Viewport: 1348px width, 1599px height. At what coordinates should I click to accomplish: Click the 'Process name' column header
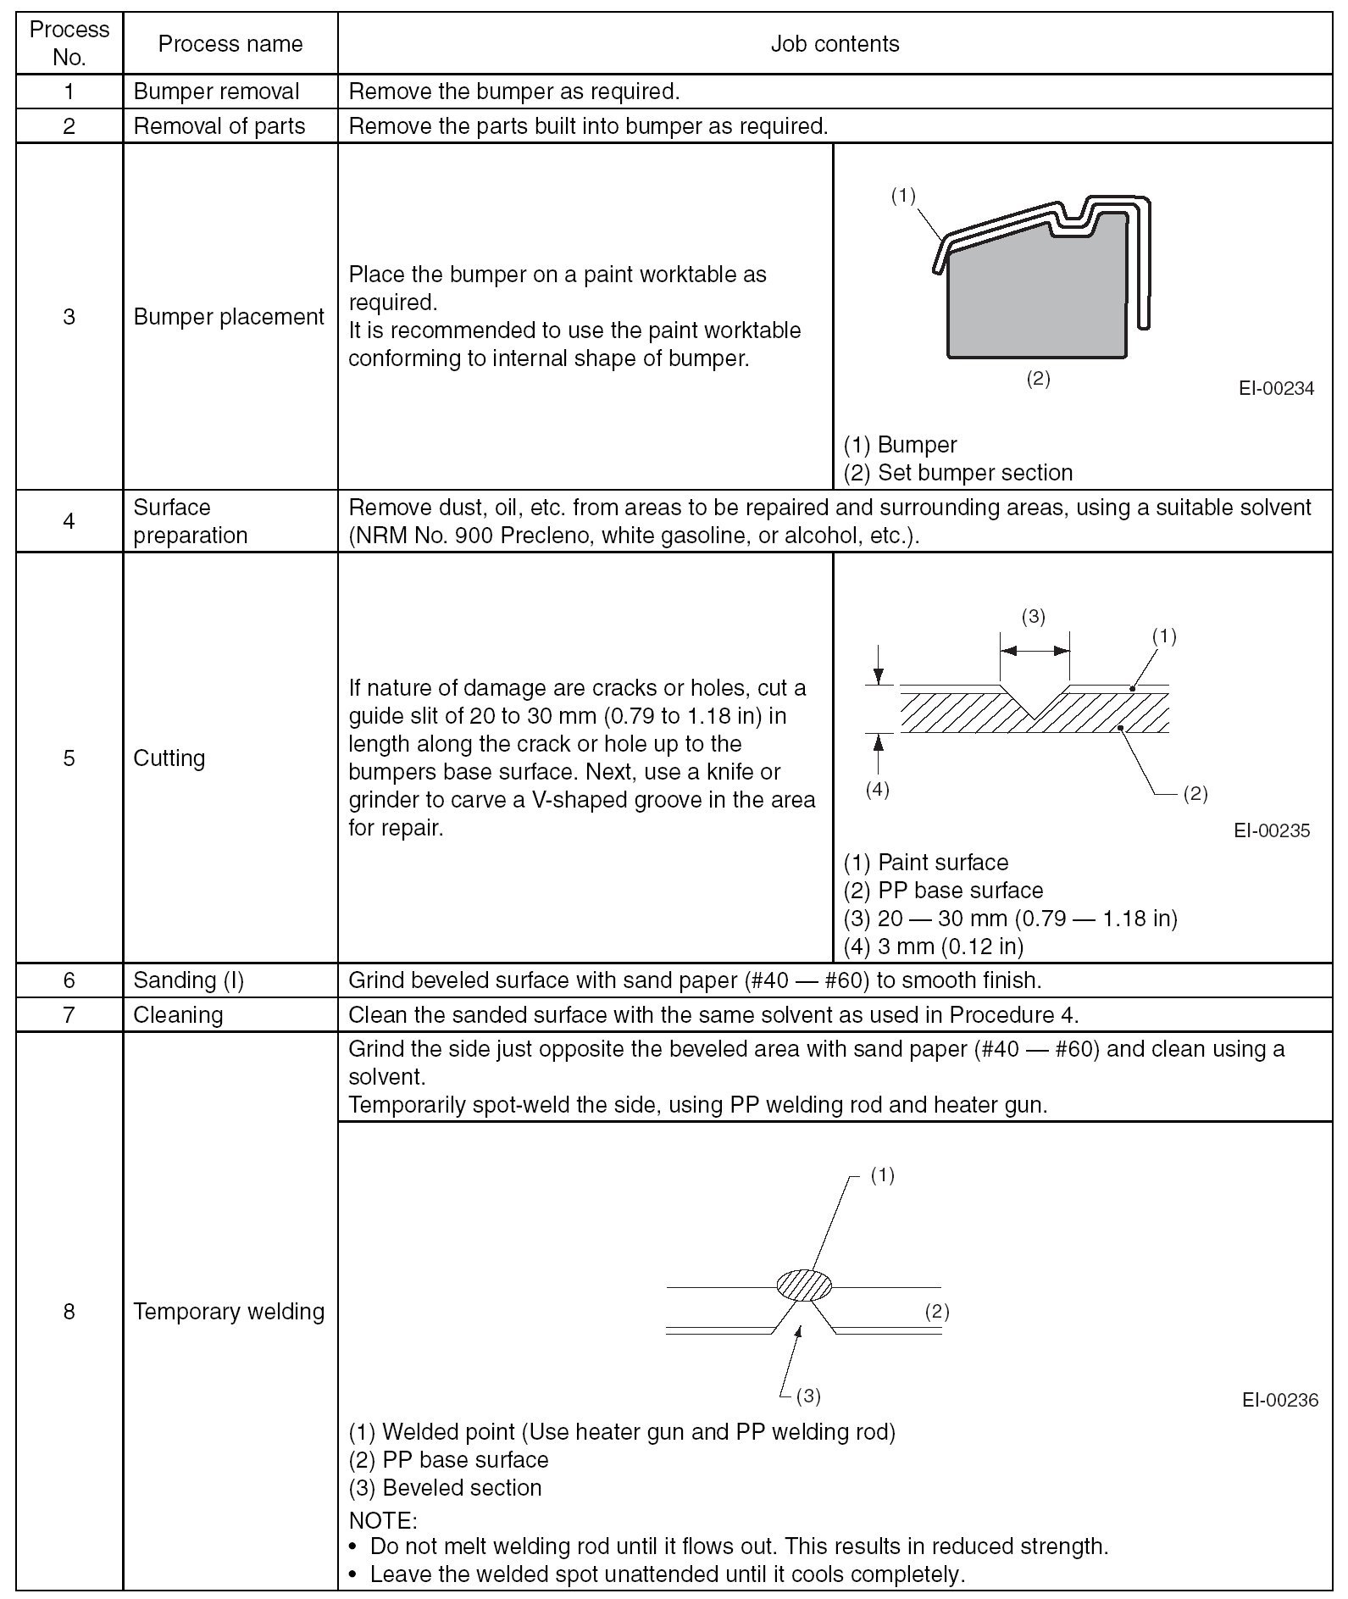pyautogui.click(x=230, y=44)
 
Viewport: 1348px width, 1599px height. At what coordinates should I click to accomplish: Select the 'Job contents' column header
pyautogui.click(x=835, y=44)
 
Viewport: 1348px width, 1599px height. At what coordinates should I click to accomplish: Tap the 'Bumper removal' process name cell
pyautogui.click(x=216, y=92)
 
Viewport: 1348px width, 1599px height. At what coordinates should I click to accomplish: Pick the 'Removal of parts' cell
pyautogui.click(x=219, y=126)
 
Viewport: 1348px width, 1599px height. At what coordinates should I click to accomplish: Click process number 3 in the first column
pyautogui.click(x=69, y=317)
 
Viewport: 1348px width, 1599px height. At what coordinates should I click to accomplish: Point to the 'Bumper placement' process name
pyautogui.click(x=229, y=317)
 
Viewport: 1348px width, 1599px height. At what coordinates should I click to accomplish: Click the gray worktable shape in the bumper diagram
pyautogui.click(x=1034, y=297)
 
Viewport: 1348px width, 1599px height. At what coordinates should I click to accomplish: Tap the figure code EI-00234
pyautogui.click(x=1276, y=389)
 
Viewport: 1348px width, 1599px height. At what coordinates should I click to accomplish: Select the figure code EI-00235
pyautogui.click(x=1272, y=830)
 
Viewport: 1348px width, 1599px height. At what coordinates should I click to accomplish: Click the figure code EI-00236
pyautogui.click(x=1279, y=1400)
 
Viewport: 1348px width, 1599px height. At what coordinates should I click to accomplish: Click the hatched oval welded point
pyautogui.click(x=804, y=1285)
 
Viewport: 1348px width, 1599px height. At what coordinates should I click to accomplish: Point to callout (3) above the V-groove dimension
pyautogui.click(x=1033, y=617)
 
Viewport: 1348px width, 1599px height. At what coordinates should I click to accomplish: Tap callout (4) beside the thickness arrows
pyautogui.click(x=877, y=790)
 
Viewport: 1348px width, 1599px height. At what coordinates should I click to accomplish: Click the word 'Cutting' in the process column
pyautogui.click(x=169, y=758)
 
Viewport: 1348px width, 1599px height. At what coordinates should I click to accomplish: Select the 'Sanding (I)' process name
pyautogui.click(x=188, y=980)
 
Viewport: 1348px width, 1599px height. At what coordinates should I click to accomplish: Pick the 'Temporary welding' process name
pyautogui.click(x=229, y=1312)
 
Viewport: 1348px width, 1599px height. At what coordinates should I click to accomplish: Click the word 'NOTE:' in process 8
pyautogui.click(x=383, y=1520)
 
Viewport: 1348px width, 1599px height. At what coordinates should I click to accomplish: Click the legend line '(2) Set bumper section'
pyautogui.click(x=957, y=473)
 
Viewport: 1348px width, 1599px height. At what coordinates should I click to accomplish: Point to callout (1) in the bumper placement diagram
pyautogui.click(x=903, y=196)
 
